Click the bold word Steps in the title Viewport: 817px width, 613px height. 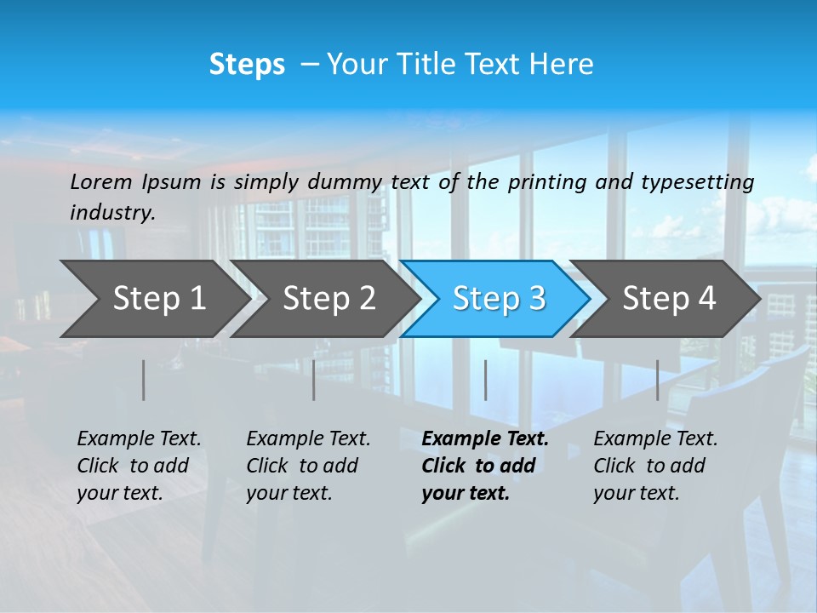[x=247, y=65]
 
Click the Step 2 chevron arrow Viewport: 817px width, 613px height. [x=329, y=298]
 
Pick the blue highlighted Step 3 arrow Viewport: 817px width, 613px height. [x=499, y=298]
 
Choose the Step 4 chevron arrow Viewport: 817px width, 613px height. [x=669, y=298]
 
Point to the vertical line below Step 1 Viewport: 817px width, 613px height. [x=143, y=380]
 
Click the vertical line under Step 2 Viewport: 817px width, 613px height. [x=314, y=380]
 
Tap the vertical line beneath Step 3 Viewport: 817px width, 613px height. [x=485, y=380]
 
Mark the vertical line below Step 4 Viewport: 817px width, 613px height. [x=657, y=380]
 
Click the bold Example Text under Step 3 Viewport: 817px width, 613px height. [x=484, y=466]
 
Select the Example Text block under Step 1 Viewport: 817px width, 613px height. [x=139, y=466]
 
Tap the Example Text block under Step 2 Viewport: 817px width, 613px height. [x=308, y=466]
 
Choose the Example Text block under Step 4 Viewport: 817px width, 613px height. [x=655, y=466]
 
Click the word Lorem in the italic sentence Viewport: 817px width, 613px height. [x=100, y=181]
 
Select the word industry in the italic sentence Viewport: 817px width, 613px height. [x=112, y=212]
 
